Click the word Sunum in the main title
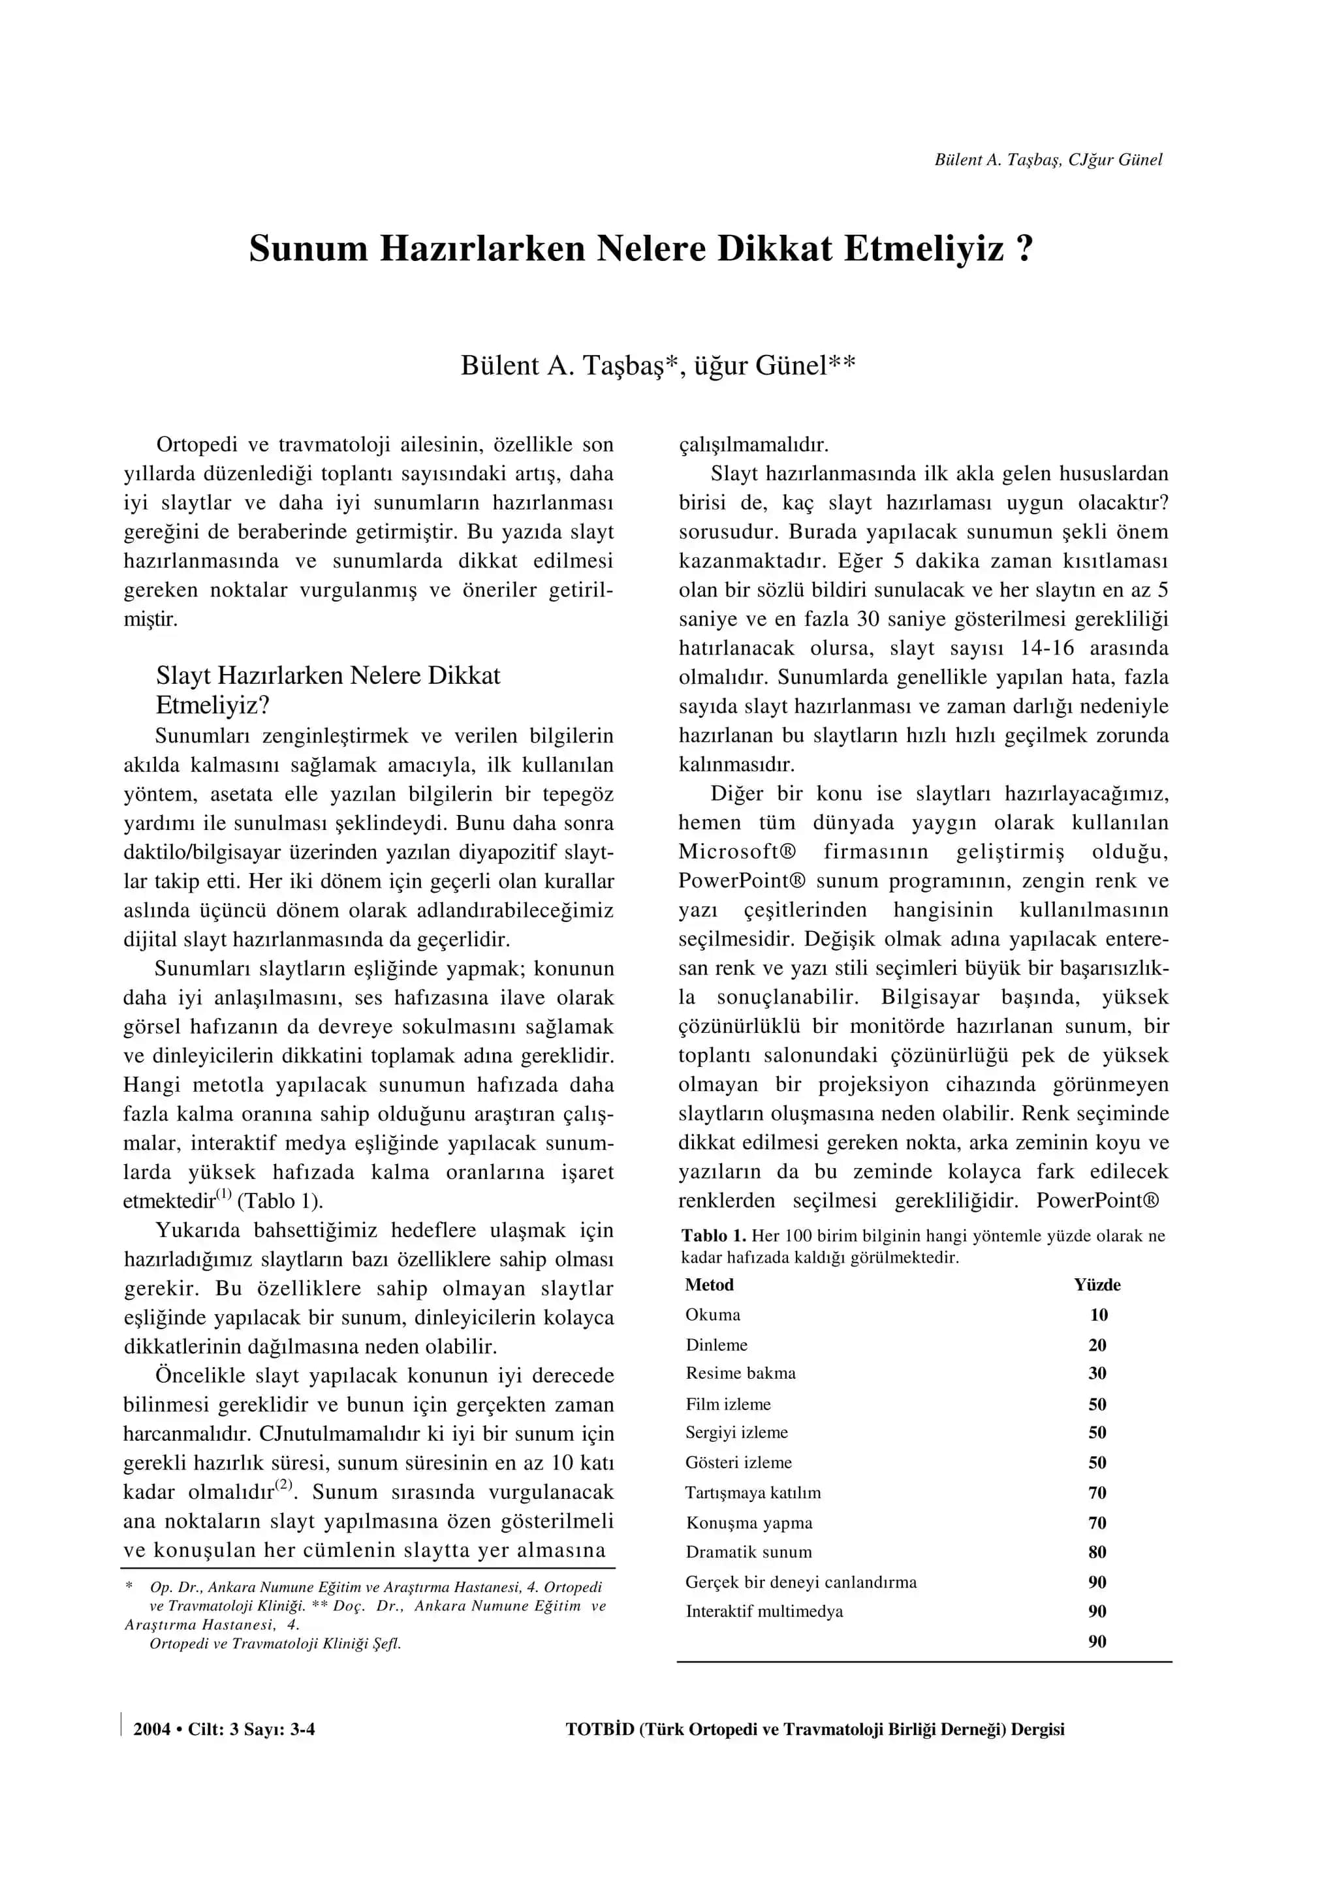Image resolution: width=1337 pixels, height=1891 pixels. pos(308,249)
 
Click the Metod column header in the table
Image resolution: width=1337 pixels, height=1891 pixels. pos(708,1285)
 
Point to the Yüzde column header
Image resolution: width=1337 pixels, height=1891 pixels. pos(1097,1285)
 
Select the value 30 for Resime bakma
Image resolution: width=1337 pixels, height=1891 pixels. pos(1097,1373)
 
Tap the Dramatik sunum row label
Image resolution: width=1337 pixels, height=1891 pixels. pos(748,1552)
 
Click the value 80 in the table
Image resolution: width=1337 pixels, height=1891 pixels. pos(1097,1552)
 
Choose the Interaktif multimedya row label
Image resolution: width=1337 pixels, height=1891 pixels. pos(764,1612)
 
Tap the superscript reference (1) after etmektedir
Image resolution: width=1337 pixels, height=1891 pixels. pos(223,1194)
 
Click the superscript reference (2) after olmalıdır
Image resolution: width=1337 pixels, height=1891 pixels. pos(283,1485)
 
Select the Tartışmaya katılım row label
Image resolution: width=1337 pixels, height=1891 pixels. pos(753,1493)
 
